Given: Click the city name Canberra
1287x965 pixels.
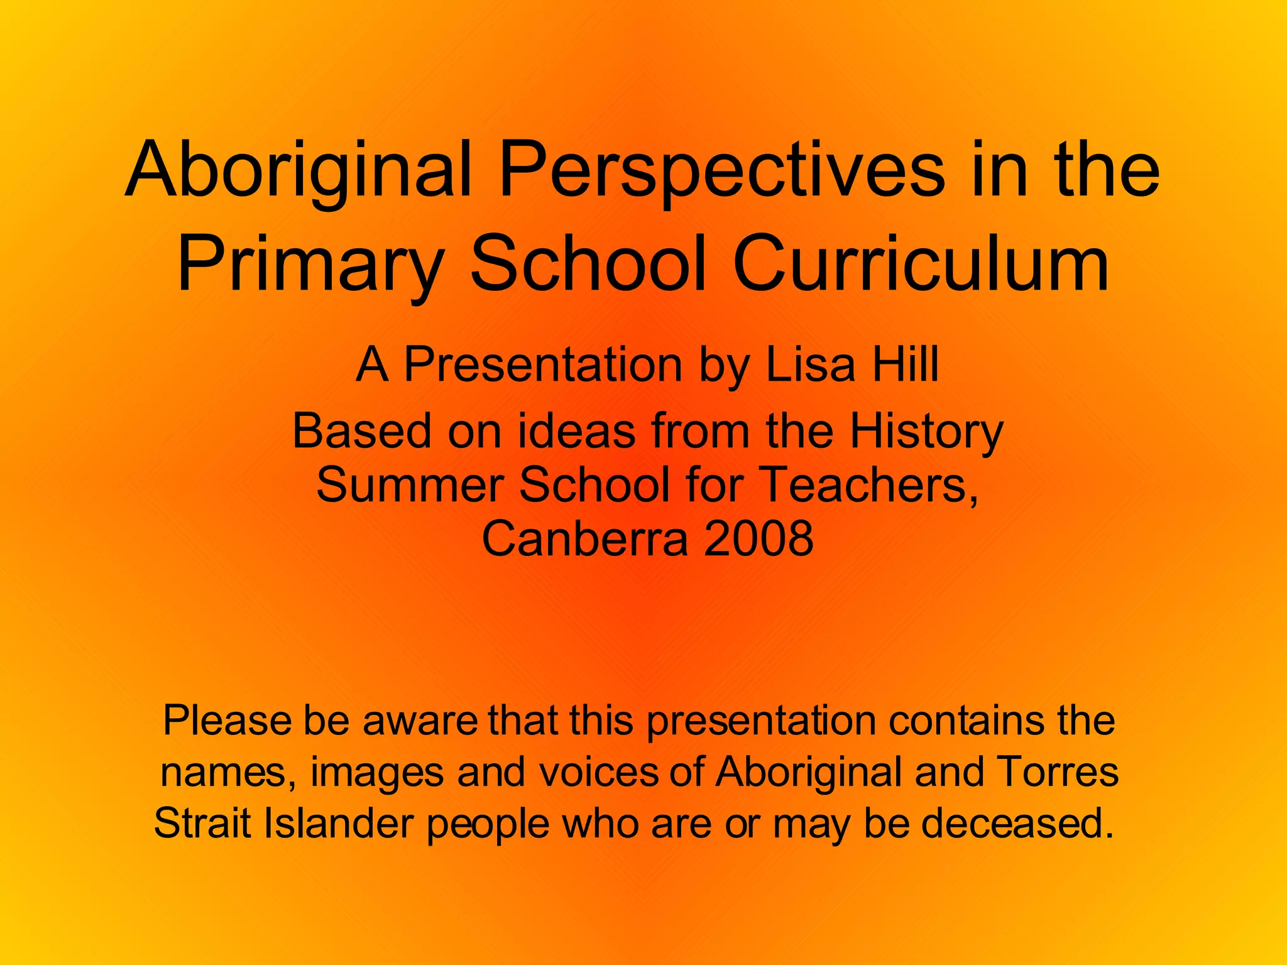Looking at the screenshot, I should click(x=584, y=539).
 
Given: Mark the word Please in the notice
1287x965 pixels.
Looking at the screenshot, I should click(x=226, y=721).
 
